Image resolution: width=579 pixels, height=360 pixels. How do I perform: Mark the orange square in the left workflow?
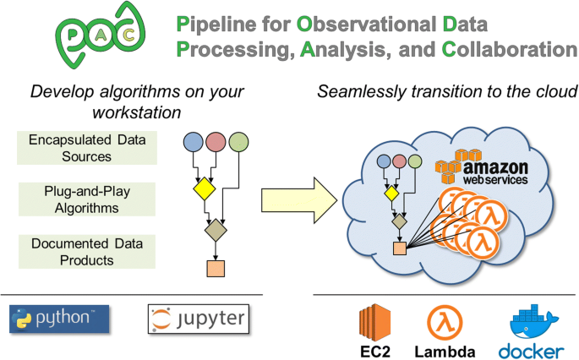(215, 269)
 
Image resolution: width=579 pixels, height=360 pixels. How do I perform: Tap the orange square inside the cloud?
(399, 248)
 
